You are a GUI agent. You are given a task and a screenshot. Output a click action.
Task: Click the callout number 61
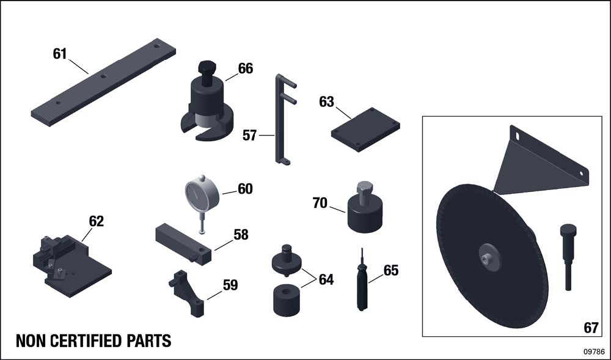[60, 54]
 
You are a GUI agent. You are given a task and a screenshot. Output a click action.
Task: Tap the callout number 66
[246, 68]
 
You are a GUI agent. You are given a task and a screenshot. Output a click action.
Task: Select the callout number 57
[249, 136]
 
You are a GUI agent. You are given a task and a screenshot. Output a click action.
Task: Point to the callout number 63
[326, 102]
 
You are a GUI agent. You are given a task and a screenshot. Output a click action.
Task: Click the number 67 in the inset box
[591, 328]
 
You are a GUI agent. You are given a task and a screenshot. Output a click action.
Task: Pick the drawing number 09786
[595, 351]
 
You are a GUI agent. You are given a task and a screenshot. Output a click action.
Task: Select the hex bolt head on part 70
[364, 188]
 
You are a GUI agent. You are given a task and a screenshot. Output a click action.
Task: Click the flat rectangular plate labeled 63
[365, 130]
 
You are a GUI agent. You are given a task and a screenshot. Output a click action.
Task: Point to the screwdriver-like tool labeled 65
[362, 281]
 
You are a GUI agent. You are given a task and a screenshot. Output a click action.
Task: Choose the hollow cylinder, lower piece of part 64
[287, 300]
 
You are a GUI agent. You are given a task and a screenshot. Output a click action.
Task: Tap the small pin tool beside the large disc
[568, 256]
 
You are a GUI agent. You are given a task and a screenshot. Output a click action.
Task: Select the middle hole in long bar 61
[103, 76]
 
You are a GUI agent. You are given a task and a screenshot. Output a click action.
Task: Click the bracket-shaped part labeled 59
[187, 293]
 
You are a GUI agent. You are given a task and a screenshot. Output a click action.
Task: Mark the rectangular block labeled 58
[183, 244]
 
